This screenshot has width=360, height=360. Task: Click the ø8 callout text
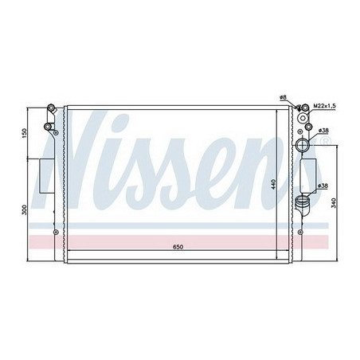[283, 97]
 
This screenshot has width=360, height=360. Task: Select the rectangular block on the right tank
[309, 172]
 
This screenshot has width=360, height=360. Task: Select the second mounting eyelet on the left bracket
[49, 127]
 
